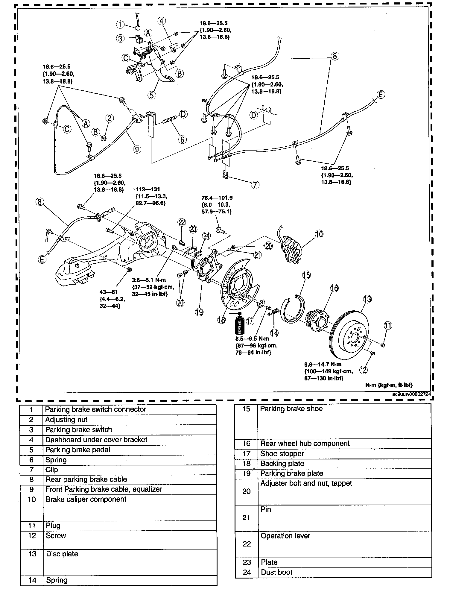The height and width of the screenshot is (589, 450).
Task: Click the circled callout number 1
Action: click(120, 24)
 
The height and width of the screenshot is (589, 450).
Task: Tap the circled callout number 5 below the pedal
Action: click(152, 95)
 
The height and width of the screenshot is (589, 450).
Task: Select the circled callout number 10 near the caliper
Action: click(319, 234)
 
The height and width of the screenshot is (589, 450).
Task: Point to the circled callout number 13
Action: click(367, 299)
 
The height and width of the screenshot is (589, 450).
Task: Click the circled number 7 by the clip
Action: click(255, 185)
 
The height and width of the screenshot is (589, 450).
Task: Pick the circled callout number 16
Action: click(335, 288)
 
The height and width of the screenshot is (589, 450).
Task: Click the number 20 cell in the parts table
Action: click(246, 491)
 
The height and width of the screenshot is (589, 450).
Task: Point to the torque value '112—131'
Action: click(148, 189)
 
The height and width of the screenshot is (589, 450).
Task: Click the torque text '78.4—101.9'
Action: click(217, 198)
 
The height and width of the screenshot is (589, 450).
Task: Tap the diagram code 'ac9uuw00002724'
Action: click(412, 394)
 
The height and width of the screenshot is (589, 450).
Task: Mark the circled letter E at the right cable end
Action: click(380, 95)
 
